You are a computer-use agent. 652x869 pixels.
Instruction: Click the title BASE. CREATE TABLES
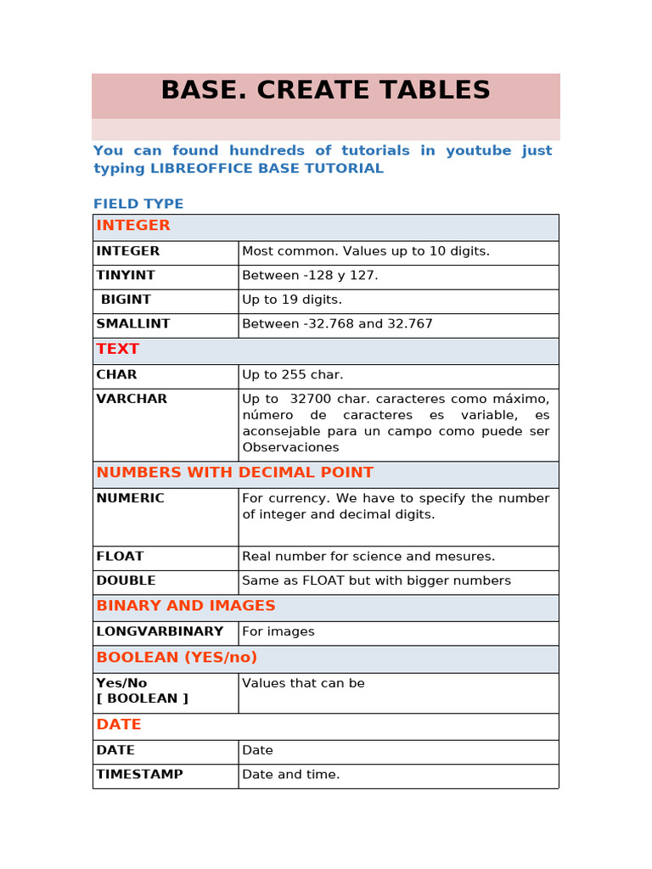pyautogui.click(x=325, y=91)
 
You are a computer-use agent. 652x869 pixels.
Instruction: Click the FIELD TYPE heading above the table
pyautogui.click(x=138, y=204)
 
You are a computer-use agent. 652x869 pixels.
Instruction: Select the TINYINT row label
pyautogui.click(x=126, y=275)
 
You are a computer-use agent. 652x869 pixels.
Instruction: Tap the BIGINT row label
pyautogui.click(x=126, y=300)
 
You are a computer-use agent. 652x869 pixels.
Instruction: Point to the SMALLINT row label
pyautogui.click(x=133, y=324)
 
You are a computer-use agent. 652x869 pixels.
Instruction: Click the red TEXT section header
pyautogui.click(x=118, y=349)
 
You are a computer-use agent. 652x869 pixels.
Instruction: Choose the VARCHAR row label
pyautogui.click(x=132, y=399)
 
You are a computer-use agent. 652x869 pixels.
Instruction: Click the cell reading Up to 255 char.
pyautogui.click(x=293, y=374)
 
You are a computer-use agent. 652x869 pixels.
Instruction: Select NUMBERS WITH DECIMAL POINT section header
pyautogui.click(x=235, y=473)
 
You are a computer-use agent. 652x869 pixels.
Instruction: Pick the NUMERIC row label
pyautogui.click(x=131, y=498)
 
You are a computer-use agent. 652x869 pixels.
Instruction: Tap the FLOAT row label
pyautogui.click(x=120, y=557)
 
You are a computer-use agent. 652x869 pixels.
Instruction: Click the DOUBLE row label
pyautogui.click(x=126, y=581)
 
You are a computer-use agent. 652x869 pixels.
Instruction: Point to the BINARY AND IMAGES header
pyautogui.click(x=186, y=606)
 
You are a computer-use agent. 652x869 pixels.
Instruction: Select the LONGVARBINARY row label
pyautogui.click(x=160, y=631)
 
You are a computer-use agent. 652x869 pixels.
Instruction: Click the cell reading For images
pyautogui.click(x=278, y=631)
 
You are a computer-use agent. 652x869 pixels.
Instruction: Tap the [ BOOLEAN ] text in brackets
pyautogui.click(x=143, y=698)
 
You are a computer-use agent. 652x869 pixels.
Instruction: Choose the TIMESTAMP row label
pyautogui.click(x=139, y=774)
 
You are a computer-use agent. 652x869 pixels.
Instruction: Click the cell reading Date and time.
pyautogui.click(x=291, y=774)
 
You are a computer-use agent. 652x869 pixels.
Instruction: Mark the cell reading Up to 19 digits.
pyautogui.click(x=292, y=300)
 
